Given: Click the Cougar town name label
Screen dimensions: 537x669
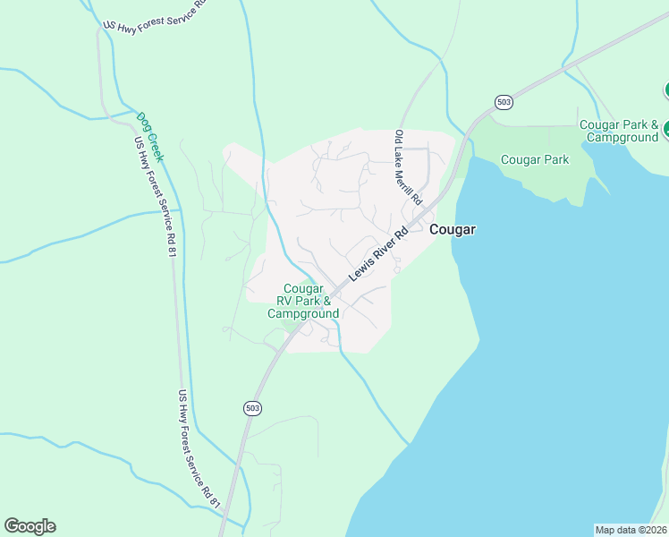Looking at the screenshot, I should pyautogui.click(x=453, y=230).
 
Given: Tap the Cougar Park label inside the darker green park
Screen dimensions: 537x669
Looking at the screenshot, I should pyautogui.click(x=535, y=160).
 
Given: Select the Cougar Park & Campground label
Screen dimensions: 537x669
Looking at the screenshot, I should pyautogui.click(x=619, y=131).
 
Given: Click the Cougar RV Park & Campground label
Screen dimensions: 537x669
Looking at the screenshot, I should pyautogui.click(x=303, y=302).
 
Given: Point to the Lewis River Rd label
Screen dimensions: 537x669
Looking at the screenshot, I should pyautogui.click(x=378, y=253).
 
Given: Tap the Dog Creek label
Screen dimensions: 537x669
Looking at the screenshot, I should pyautogui.click(x=149, y=135).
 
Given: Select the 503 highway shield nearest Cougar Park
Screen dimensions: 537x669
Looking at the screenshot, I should pyautogui.click(x=504, y=102).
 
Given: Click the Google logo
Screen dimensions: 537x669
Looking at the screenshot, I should pyautogui.click(x=30, y=526).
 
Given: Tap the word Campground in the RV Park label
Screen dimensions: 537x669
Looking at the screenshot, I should pyautogui.click(x=303, y=314).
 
